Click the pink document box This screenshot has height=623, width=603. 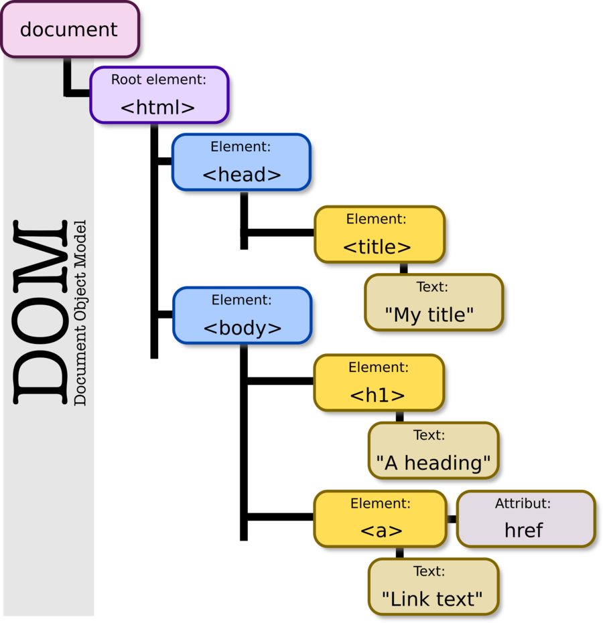pos(70,29)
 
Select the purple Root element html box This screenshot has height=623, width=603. pos(159,94)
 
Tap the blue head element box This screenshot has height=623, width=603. pos(241,161)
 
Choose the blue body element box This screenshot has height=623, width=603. pos(241,315)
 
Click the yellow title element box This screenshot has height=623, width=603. pos(379,234)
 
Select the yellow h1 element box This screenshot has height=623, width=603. pos(379,382)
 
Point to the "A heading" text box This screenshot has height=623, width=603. pos(433,450)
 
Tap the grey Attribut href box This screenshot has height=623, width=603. pos(525,518)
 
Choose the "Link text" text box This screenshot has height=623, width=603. pos(433,586)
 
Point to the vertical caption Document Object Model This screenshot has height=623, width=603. pos(80,312)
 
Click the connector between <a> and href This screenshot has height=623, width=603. pos(452,519)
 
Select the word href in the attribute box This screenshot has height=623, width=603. pos(524,530)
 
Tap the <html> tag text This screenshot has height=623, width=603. pos(158,107)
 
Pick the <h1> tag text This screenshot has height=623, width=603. pos(378,395)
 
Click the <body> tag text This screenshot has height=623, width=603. pos(242,329)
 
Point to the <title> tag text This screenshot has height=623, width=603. pos(377,247)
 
